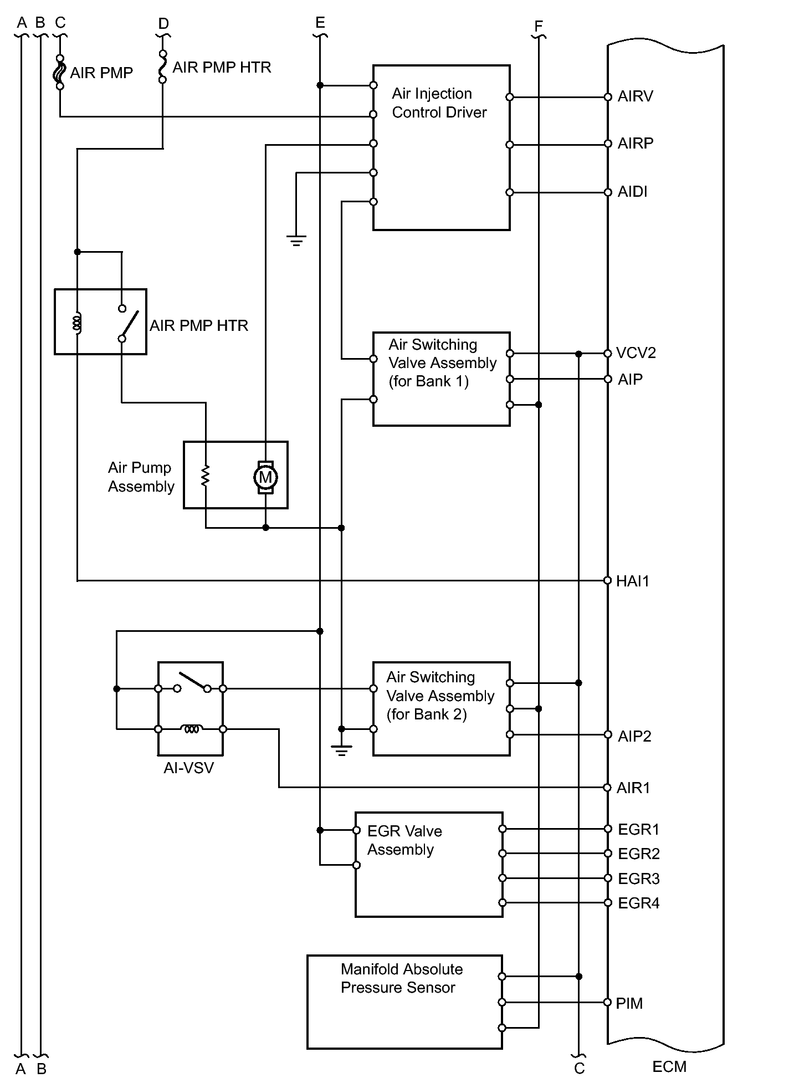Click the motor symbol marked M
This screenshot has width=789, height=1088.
click(265, 477)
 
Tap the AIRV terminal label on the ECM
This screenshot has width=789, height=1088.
click(636, 96)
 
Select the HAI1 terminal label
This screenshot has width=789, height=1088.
click(633, 581)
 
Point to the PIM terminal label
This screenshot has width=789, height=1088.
click(629, 1003)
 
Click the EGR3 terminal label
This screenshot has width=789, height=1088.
click(639, 878)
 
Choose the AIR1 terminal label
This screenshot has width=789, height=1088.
click(633, 788)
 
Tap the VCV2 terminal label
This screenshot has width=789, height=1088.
click(636, 353)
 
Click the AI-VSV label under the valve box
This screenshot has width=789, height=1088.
click(188, 768)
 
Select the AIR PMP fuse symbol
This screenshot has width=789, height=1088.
click(60, 72)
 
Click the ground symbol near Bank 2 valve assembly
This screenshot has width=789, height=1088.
click(341, 751)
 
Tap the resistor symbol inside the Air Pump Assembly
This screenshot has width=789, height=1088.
click(206, 476)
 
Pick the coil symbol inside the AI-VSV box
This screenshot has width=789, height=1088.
click(191, 729)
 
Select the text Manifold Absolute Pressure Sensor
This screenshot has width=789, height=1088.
click(402, 978)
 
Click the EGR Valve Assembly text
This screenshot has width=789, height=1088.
click(404, 840)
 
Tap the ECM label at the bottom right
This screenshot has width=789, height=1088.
click(669, 1067)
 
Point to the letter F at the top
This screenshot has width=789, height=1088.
click(539, 26)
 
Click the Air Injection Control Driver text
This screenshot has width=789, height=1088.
click(439, 103)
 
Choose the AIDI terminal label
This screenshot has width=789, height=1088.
click(633, 192)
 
